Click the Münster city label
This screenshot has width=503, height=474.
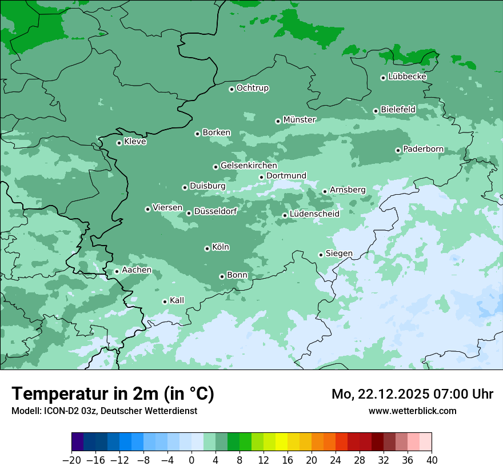(x=300, y=120)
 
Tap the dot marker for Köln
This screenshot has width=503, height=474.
(x=207, y=248)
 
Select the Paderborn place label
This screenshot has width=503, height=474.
(x=423, y=150)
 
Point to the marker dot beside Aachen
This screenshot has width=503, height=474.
(x=117, y=271)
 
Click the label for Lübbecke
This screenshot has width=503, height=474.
(x=407, y=77)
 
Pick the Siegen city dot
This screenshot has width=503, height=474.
(x=321, y=255)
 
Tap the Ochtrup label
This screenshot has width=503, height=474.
(x=252, y=88)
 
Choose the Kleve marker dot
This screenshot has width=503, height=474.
(x=119, y=143)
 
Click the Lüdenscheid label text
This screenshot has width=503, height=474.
(x=314, y=214)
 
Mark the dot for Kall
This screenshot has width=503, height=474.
(x=165, y=302)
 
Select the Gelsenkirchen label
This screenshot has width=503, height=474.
(x=249, y=166)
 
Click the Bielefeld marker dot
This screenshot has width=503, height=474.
(x=376, y=111)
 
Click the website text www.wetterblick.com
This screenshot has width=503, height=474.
(x=412, y=411)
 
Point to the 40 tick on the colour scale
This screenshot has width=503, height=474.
(x=432, y=460)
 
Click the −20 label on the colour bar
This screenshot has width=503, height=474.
(x=72, y=460)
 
